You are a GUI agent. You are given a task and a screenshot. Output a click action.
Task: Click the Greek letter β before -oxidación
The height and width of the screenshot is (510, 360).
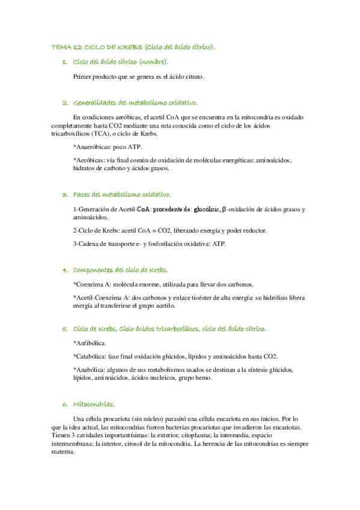tap(225, 209)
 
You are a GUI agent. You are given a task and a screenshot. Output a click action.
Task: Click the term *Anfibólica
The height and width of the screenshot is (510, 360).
tap(90, 343)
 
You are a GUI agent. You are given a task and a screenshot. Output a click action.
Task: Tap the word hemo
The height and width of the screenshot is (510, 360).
tap(212, 378)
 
